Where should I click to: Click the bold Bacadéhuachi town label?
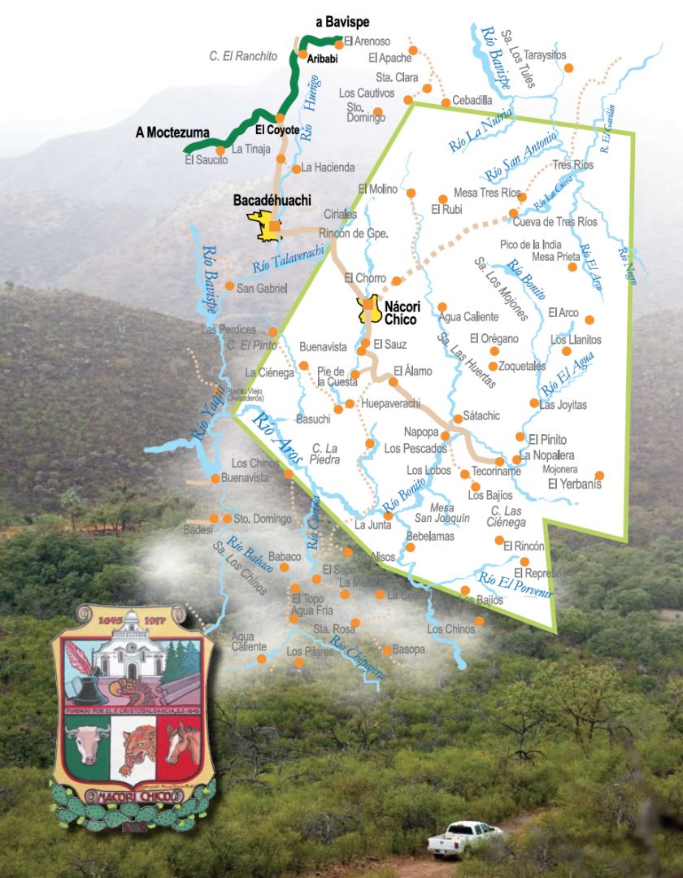[x=272, y=200]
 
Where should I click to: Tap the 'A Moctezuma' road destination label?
[x=172, y=133]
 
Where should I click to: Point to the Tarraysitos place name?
[x=545, y=55]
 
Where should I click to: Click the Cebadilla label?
[x=472, y=100]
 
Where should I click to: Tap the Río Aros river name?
[x=276, y=439]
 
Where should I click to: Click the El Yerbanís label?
[x=574, y=485]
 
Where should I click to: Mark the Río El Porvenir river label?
[x=516, y=585]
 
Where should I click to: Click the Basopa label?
[x=408, y=650]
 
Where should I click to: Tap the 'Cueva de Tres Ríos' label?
[x=558, y=221]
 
